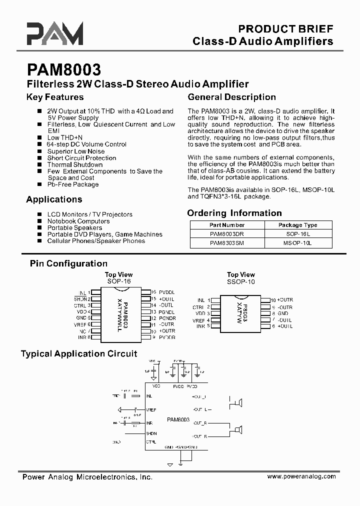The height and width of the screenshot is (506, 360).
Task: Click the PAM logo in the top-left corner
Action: (x=55, y=34)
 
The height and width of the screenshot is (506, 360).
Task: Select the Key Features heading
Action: (x=55, y=97)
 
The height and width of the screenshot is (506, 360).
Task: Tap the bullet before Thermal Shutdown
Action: (x=39, y=164)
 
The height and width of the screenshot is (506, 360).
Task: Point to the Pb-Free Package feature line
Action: (x=72, y=184)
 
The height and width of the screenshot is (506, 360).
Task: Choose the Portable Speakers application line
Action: (x=74, y=227)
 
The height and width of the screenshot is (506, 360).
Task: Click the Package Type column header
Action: (x=297, y=225)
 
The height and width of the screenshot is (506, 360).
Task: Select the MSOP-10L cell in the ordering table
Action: (x=297, y=243)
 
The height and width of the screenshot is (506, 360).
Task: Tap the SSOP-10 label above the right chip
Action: (x=241, y=281)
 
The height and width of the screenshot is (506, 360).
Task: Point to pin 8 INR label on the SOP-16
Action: (x=83, y=337)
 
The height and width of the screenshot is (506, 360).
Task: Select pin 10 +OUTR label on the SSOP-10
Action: (x=281, y=300)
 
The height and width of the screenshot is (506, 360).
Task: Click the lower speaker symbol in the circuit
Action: (x=238, y=429)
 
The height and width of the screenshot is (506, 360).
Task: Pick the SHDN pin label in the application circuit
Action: (x=151, y=433)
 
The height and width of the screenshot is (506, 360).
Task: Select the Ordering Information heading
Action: (x=234, y=213)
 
